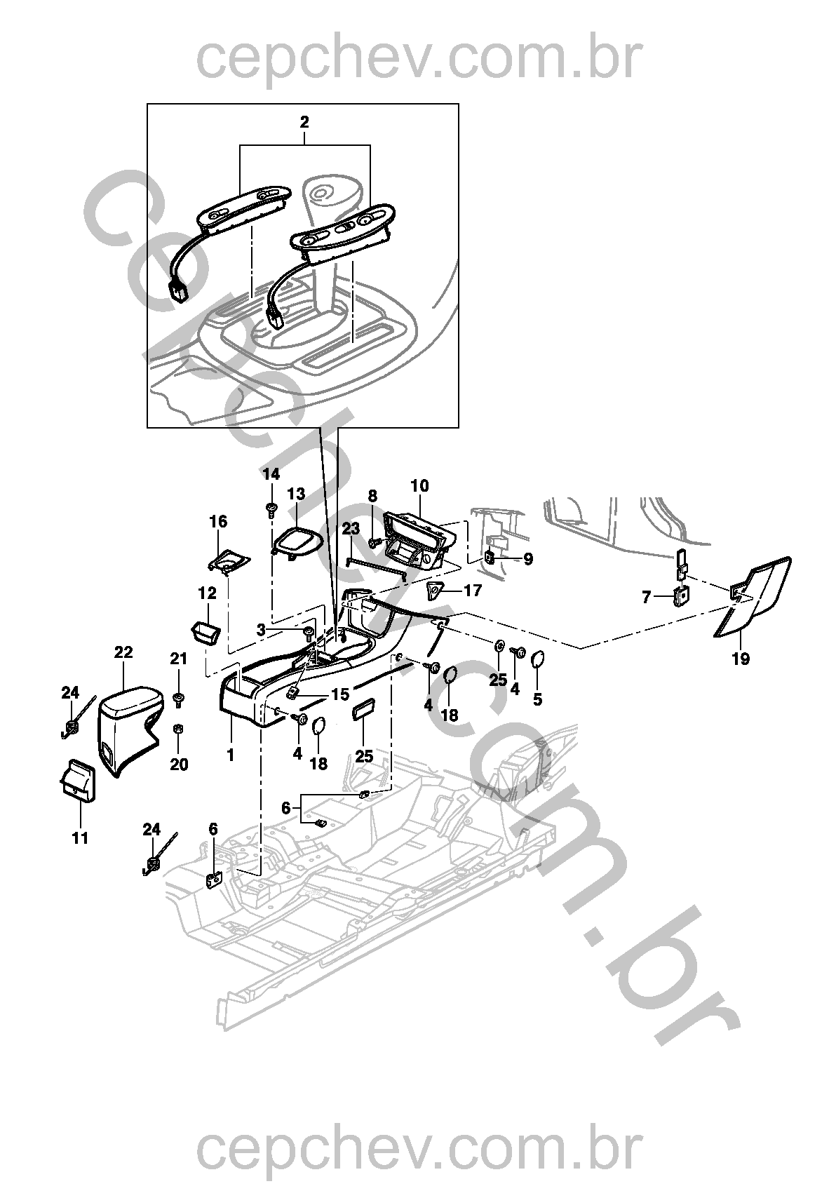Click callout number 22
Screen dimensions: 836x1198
coord(123,652)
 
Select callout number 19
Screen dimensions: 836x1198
coord(741,659)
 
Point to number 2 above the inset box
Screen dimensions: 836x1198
coord(304,122)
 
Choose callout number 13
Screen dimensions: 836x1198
coord(296,493)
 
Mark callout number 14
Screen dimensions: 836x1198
coord(271,474)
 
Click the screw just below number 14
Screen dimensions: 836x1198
coord(271,509)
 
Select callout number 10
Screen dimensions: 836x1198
coord(420,485)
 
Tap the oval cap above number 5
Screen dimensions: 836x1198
coord(537,660)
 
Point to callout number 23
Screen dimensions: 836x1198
coord(351,529)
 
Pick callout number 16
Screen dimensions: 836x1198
coord(218,521)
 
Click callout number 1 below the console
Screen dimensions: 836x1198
coord(231,755)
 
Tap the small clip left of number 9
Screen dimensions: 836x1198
coord(490,559)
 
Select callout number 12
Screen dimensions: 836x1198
coord(208,593)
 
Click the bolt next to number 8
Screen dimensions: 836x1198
coord(375,542)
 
